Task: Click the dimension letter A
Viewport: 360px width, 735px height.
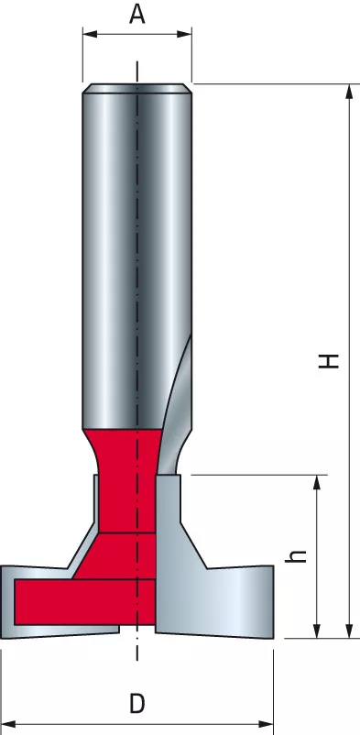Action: (x=136, y=14)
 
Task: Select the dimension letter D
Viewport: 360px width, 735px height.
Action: (x=136, y=704)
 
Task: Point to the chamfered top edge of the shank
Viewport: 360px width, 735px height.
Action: (x=136, y=88)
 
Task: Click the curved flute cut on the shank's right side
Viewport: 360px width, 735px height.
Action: (x=180, y=385)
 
